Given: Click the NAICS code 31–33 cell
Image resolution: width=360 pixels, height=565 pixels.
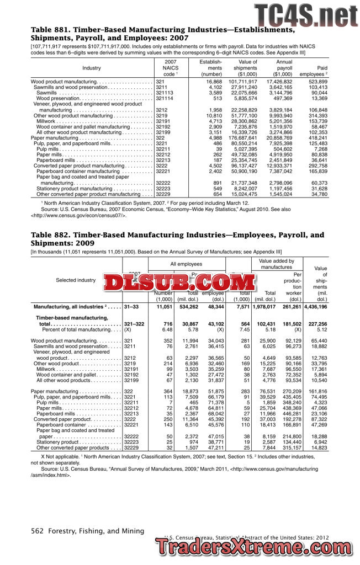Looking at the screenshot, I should pos(131,307).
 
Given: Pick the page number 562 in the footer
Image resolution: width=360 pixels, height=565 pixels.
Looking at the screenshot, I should pos(37,531).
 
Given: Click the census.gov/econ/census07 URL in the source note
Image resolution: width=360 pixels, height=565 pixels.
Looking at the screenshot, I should pos(83,215).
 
